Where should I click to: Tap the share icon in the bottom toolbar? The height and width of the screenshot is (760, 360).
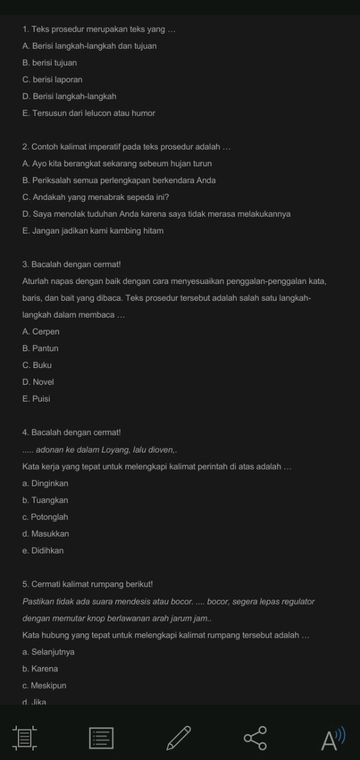pos(255,738)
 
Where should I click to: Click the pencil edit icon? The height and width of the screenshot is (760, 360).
pos(179,738)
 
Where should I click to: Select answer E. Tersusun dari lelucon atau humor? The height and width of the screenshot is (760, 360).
pos(89,113)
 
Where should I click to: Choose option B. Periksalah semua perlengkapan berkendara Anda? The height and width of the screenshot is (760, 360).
pos(119,180)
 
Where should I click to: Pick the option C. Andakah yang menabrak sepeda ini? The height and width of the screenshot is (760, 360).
pos(95,197)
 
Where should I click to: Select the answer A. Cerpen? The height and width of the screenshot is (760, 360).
pos(41,331)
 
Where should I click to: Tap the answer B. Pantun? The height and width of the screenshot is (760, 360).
pos(40,348)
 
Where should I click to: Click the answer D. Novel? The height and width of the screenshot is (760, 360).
pos(38,382)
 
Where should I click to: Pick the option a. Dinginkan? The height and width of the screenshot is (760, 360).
pos(45,483)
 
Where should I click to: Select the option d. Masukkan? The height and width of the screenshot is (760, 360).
pos(46,534)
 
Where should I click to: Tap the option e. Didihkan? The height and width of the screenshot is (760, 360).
pos(43,550)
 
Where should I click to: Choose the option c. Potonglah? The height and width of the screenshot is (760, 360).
pos(45,517)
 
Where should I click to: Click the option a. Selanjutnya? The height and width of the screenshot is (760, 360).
pos(49,652)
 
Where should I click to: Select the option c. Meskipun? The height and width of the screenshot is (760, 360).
pos(44,686)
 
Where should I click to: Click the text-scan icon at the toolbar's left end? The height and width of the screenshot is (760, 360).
pos(25,738)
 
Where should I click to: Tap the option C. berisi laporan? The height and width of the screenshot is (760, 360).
pos(52,79)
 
